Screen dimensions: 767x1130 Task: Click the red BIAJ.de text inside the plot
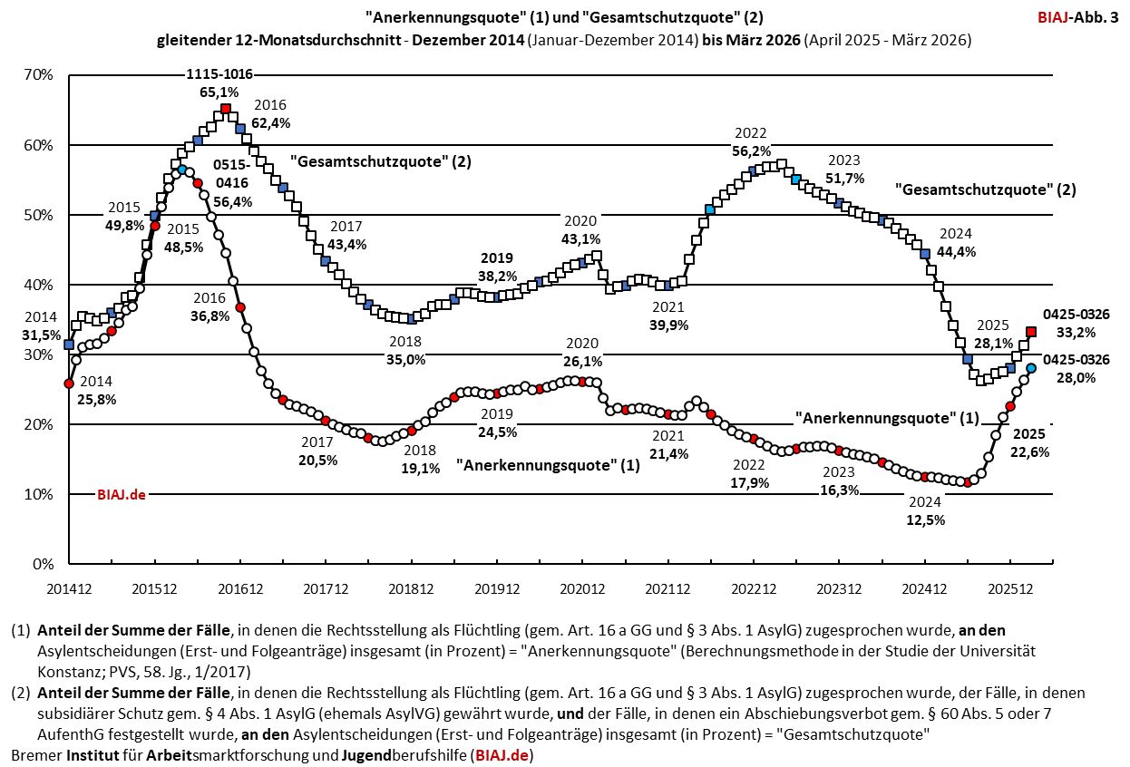pos(122,495)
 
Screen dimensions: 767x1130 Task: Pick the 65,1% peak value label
pos(219,92)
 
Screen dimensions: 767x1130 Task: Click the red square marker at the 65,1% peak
pos(226,110)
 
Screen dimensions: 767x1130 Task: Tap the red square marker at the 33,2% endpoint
pos(1031,332)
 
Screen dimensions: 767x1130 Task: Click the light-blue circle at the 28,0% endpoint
pos(1031,367)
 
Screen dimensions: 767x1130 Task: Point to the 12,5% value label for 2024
pos(925,520)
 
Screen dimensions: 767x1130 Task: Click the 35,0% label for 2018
pos(406,360)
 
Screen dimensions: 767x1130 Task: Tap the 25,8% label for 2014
pos(96,399)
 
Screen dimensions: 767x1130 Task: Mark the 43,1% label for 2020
pos(581,239)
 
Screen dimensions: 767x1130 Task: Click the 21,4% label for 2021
pos(669,453)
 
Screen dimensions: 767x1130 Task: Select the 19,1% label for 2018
pos(421,469)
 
